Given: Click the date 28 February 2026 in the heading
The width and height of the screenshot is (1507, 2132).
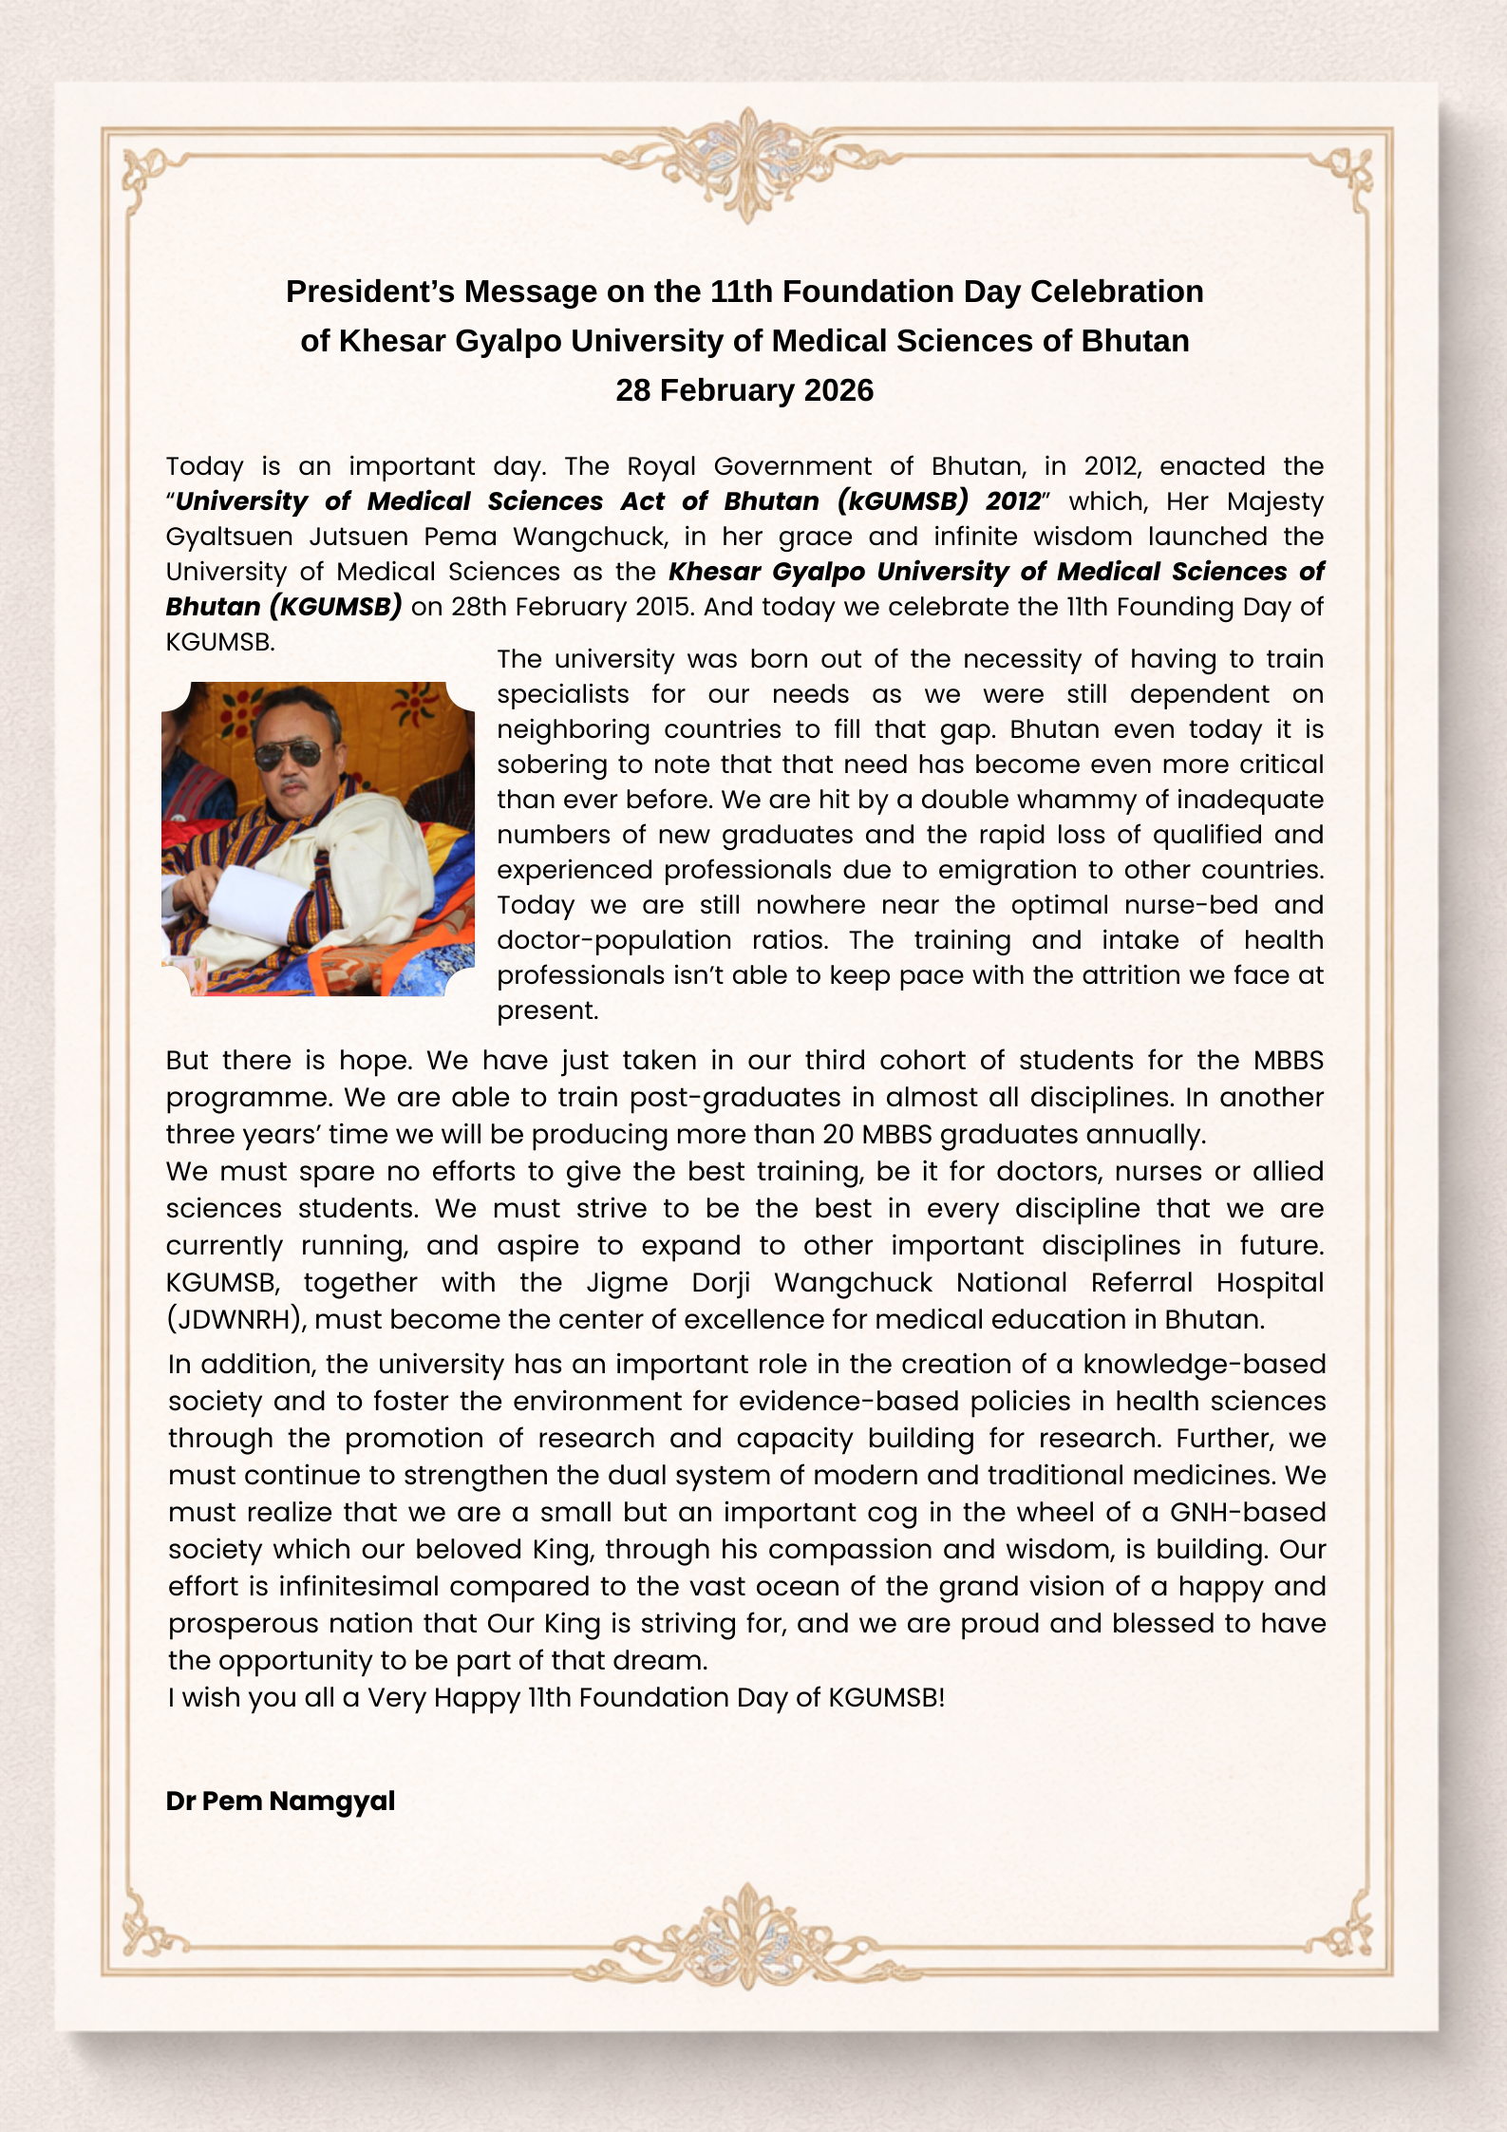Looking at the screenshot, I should (744, 390).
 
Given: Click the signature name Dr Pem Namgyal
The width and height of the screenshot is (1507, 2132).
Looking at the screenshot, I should (280, 1801).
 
